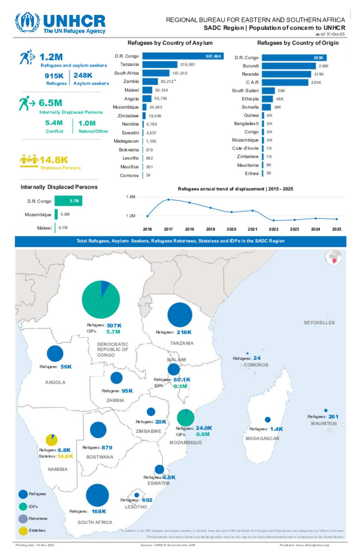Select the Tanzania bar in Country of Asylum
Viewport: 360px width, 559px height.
[x=160, y=64]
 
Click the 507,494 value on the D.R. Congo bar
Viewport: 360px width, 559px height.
[x=213, y=56]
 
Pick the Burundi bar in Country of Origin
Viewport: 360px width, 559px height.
[x=289, y=66]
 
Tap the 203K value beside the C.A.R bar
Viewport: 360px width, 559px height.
[x=316, y=83]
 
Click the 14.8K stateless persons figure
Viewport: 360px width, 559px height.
[x=53, y=160]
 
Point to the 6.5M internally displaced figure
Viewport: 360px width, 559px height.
[x=50, y=103]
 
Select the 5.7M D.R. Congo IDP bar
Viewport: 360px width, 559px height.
[x=69, y=201]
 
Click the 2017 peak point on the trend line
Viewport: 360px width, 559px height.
[x=168, y=199]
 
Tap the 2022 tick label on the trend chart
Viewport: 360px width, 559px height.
[x=274, y=229]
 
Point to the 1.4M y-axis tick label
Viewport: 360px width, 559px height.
[x=130, y=197]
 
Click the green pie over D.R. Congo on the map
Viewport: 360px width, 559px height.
[x=101, y=299]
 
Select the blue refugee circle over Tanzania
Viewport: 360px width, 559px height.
[x=180, y=315]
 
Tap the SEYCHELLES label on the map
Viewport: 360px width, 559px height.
[x=319, y=323]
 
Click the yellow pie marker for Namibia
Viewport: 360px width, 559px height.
[x=52, y=440]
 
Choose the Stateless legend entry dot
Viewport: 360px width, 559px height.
[x=23, y=531]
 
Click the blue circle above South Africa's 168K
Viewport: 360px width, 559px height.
[x=97, y=495]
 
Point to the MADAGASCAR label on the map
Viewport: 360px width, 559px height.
[x=262, y=438]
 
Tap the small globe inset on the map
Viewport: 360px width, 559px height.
[x=334, y=258]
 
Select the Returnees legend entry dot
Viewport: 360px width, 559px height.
[x=23, y=519]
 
